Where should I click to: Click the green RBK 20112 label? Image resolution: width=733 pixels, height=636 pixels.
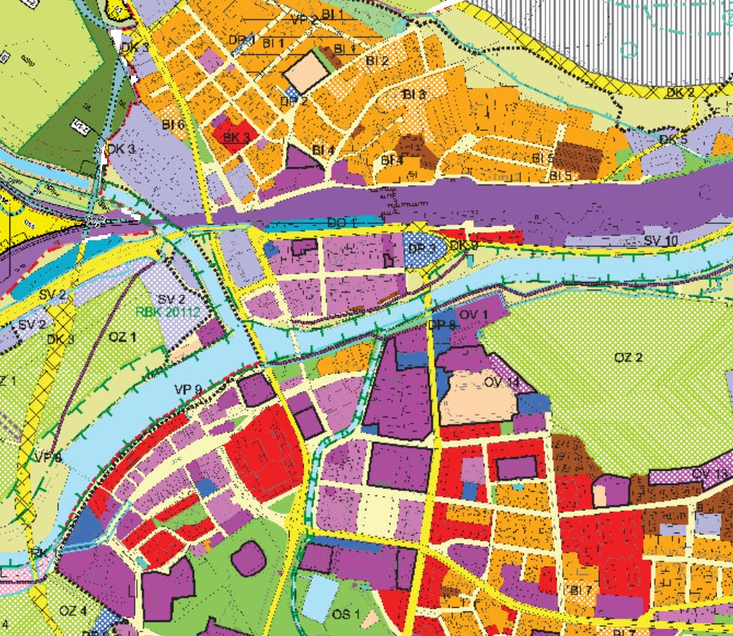[168, 312]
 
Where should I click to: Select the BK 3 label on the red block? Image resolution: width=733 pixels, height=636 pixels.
[235, 137]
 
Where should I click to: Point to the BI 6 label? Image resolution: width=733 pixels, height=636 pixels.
[173, 124]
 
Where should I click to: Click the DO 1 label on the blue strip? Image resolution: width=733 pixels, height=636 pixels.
[342, 222]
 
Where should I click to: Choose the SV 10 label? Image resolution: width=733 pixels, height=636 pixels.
[661, 240]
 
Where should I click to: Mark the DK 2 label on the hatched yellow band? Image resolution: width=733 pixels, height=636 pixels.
[679, 92]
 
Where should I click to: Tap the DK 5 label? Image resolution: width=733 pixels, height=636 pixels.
[673, 139]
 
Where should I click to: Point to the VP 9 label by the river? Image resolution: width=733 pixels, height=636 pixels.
[188, 389]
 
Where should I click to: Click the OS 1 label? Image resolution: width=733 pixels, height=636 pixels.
[346, 614]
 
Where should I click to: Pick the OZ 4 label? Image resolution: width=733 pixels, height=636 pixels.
[73, 611]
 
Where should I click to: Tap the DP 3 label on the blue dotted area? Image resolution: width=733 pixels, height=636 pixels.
[422, 248]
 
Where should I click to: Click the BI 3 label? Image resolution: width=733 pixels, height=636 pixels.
[414, 94]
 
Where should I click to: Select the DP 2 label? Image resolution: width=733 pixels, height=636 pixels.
[294, 100]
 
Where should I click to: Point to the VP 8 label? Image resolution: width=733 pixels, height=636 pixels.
[47, 457]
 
